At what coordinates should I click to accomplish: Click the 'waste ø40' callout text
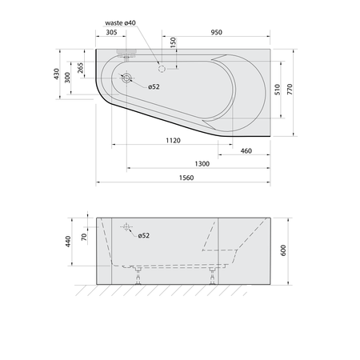[120, 23]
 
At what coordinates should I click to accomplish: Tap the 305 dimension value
[111, 32]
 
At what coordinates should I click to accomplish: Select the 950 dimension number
[216, 32]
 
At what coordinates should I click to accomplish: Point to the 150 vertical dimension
[173, 42]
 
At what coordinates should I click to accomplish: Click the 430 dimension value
[57, 74]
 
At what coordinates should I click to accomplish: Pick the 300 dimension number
[67, 78]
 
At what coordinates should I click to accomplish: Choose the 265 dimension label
[80, 68]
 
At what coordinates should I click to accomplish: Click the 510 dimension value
[278, 90]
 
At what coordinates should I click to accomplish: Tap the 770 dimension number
[290, 89]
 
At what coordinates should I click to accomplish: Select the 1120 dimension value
[173, 140]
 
